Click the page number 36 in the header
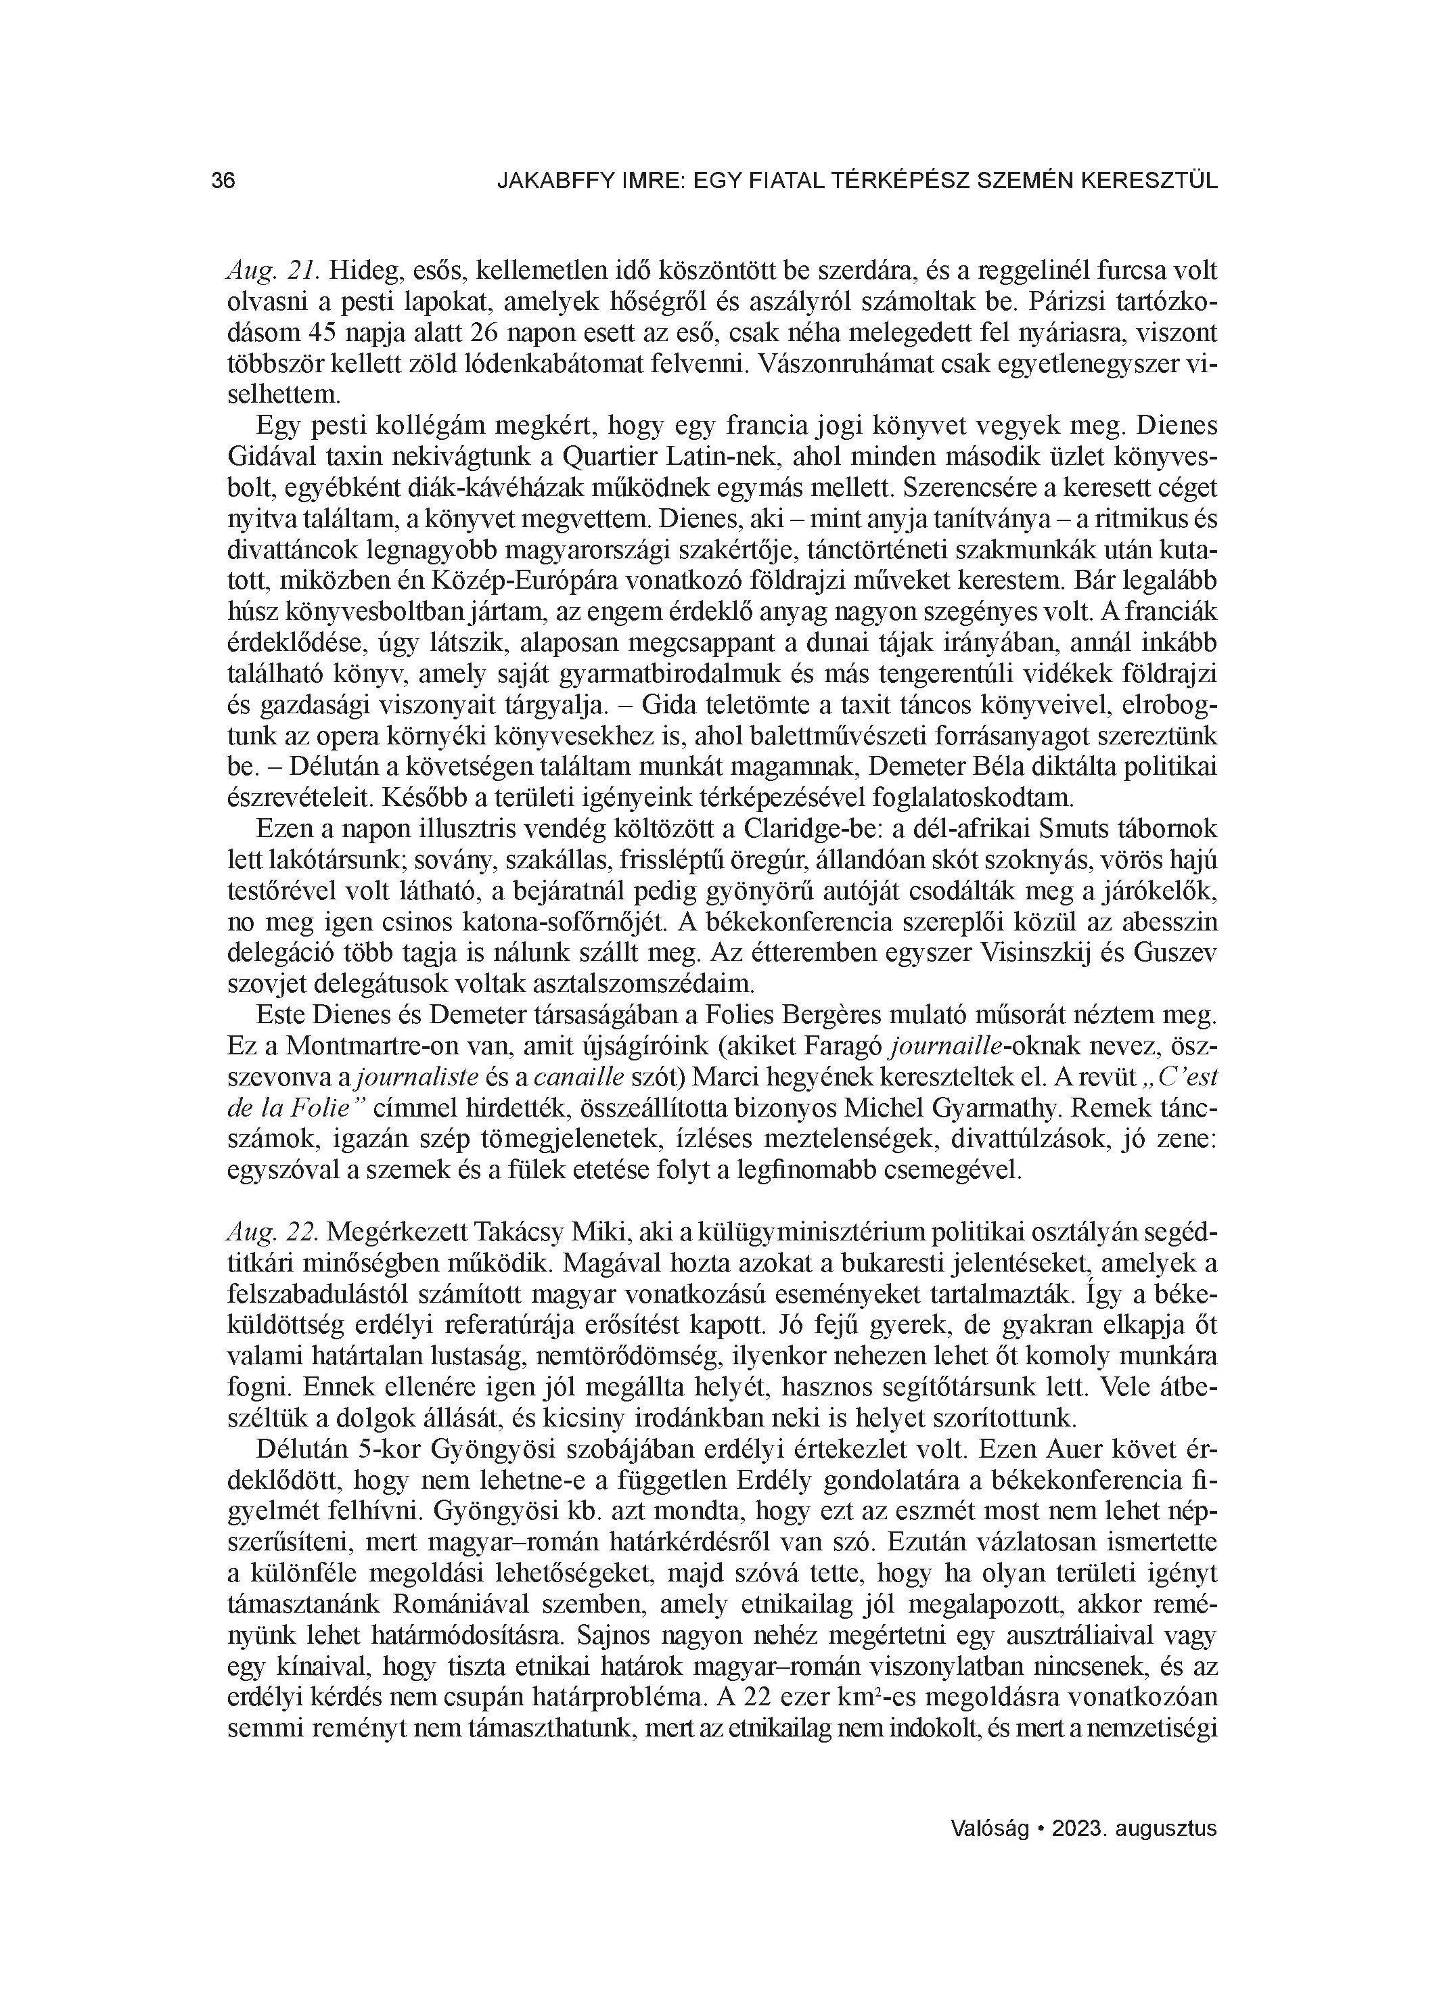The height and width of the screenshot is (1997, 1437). coord(224,181)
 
